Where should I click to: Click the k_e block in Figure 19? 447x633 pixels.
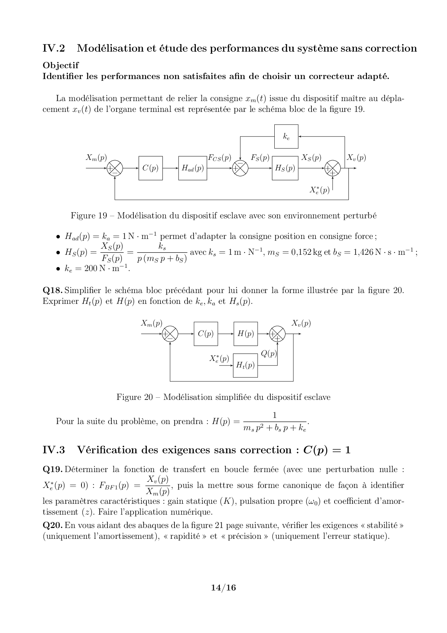286,136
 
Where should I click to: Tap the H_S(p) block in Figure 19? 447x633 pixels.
285,168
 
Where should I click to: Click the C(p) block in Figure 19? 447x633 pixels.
151,168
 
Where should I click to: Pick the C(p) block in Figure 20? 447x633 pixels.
206,334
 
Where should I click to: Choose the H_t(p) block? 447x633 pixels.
245,365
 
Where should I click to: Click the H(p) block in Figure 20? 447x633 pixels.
245,334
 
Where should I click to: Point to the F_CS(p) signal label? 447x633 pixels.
220,158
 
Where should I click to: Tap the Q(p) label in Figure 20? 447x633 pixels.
269,354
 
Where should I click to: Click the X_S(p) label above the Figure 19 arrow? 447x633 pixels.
311,158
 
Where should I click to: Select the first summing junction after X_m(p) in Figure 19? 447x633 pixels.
115,168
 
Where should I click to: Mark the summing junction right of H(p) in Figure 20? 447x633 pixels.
278,334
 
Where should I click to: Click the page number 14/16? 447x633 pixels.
223,588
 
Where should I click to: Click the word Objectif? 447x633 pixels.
61,65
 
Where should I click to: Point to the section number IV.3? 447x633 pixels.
54,450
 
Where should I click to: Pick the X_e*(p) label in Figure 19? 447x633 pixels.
319,190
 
